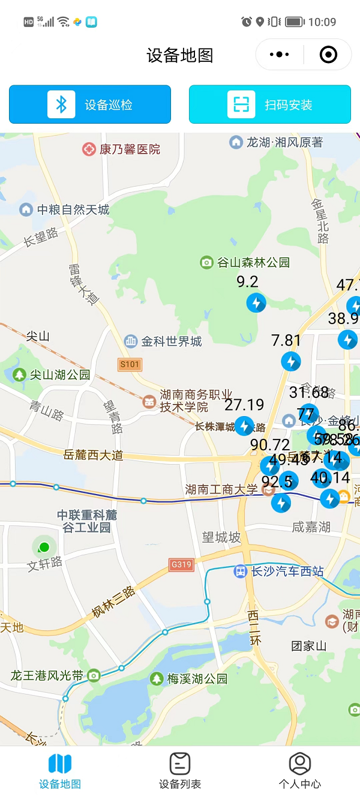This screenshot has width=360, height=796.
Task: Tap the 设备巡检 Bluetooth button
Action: (x=90, y=104)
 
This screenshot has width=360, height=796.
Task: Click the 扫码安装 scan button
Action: (x=270, y=104)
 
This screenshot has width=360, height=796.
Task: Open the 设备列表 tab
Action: (x=180, y=771)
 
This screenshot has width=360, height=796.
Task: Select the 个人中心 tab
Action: (x=300, y=771)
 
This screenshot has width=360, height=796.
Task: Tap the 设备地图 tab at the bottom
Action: (x=60, y=771)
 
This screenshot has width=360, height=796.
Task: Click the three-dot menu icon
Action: (x=280, y=55)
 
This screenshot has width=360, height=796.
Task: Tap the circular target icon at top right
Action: (x=328, y=55)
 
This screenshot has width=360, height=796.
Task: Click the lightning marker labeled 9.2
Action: (x=256, y=303)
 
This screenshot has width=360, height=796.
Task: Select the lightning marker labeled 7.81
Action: (x=291, y=361)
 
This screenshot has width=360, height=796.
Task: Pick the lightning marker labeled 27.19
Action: (x=244, y=426)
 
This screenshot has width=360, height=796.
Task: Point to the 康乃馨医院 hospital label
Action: (x=122, y=149)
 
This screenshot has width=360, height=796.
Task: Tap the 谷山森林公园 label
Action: (x=245, y=262)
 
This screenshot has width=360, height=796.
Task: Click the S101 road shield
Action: (x=130, y=364)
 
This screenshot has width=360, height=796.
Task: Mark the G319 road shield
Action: (x=181, y=564)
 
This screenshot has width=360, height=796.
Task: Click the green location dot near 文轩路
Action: (x=43, y=547)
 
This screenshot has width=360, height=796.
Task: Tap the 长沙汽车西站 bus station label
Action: (x=280, y=571)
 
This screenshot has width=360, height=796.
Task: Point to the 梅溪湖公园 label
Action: (x=190, y=679)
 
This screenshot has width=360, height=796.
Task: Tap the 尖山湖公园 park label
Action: (x=52, y=375)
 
